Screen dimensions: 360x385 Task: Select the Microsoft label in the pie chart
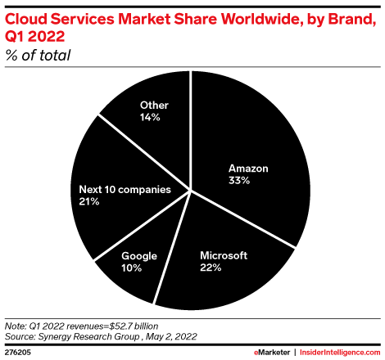224,255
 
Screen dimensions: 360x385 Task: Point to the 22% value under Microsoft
212,268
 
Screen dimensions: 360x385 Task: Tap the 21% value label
88,201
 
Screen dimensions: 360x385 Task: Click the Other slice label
154,105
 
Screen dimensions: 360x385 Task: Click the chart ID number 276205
20,352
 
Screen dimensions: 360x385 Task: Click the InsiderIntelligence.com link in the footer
337,352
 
